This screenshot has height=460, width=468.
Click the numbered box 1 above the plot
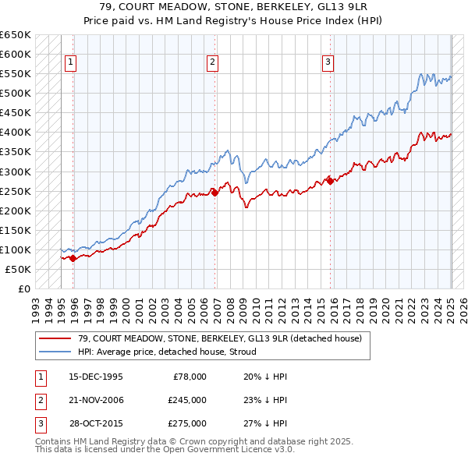coord(70,63)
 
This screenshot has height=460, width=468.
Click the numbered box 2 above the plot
coord(212,63)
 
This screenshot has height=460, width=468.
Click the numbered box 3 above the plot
coord(328,63)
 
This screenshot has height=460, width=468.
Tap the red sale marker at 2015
coord(330,181)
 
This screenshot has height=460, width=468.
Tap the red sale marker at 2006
coord(215,193)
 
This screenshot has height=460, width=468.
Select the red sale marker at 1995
coord(73,258)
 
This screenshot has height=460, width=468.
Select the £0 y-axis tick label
coord(23,288)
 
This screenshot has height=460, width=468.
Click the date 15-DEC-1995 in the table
coord(96,376)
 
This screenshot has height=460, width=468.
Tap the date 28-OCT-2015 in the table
coord(96,424)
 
